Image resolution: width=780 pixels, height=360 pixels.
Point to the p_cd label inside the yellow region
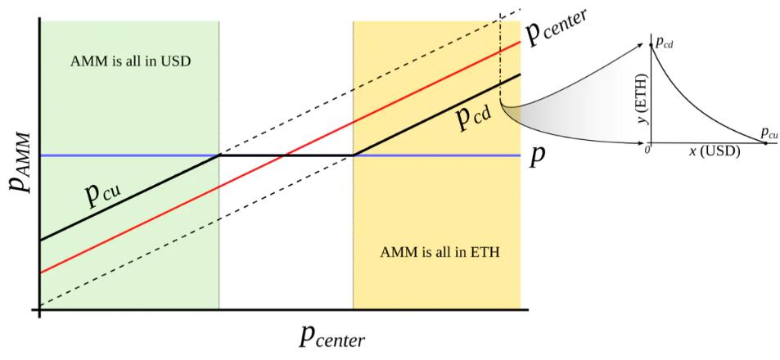point(474,120)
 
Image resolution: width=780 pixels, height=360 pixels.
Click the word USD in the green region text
point(173,61)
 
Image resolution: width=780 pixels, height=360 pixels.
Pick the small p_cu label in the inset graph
point(769,132)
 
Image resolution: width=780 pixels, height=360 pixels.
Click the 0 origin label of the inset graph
point(647,148)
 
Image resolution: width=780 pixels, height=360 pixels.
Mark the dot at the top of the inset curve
point(651,43)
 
